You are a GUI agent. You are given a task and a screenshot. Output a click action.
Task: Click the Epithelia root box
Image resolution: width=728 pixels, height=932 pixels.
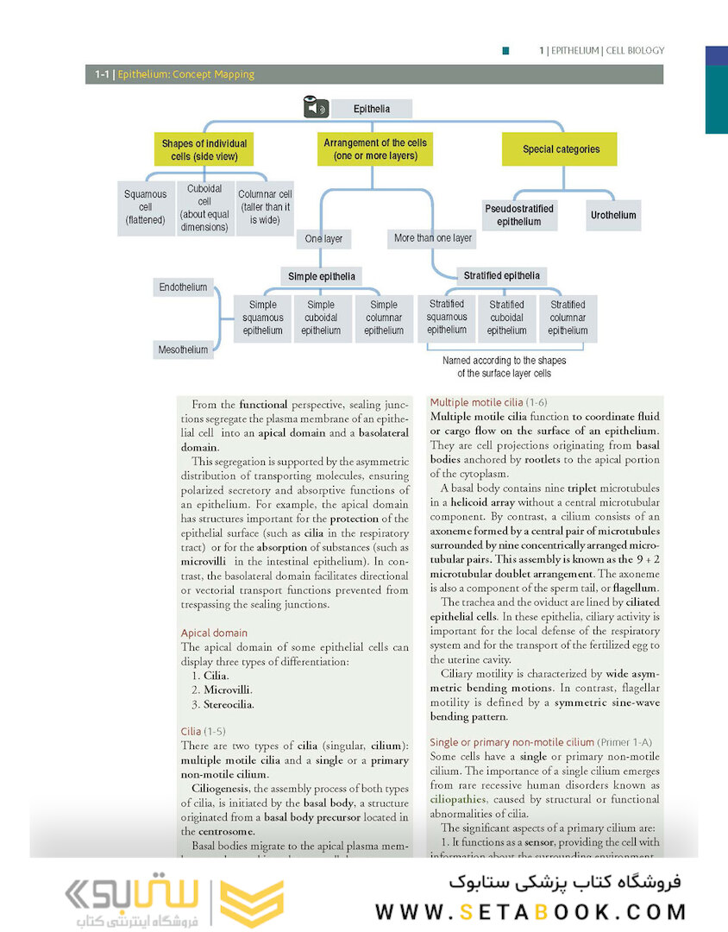[372, 109]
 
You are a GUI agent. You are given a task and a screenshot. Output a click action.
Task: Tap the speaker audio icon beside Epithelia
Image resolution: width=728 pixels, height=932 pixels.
[316, 108]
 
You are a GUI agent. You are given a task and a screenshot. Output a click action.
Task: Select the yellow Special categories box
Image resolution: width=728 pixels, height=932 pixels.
[561, 149]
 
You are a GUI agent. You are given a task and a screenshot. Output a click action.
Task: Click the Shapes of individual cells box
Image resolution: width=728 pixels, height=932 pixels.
[204, 150]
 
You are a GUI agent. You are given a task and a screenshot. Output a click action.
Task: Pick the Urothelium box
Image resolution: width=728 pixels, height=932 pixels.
[612, 214]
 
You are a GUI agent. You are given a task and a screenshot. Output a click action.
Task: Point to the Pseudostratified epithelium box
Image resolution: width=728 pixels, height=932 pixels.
[519, 215]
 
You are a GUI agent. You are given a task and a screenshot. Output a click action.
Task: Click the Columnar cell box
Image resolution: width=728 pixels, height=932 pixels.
[265, 207]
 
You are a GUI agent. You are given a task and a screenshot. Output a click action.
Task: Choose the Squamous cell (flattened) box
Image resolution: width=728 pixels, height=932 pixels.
[145, 207]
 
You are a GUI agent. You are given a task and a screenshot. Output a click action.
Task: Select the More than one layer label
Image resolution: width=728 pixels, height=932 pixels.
[433, 237]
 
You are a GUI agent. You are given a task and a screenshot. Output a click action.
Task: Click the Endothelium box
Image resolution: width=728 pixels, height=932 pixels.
[183, 287]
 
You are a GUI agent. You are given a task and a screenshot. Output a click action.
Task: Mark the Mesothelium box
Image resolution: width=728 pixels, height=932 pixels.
[183, 349]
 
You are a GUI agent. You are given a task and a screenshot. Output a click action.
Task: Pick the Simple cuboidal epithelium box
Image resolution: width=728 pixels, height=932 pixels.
[321, 318]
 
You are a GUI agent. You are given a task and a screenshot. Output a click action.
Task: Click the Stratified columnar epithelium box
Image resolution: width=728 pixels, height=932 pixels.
[568, 318]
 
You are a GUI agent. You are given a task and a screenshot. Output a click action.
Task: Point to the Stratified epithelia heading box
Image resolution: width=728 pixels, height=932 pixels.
[501, 276]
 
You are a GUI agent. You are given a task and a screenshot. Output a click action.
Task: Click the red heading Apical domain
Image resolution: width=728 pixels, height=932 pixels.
[214, 633]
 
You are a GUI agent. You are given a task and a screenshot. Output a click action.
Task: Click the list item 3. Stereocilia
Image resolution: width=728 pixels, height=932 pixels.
[223, 705]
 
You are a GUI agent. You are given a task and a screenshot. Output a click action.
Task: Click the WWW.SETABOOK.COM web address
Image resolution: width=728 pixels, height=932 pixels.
[530, 911]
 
